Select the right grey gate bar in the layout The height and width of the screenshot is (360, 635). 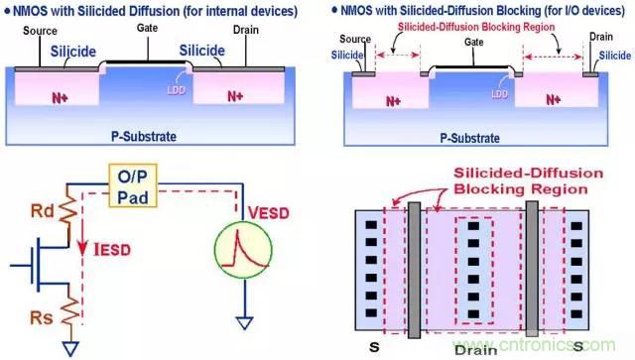[x=532, y=269]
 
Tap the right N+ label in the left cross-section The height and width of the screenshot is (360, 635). [x=234, y=95]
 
